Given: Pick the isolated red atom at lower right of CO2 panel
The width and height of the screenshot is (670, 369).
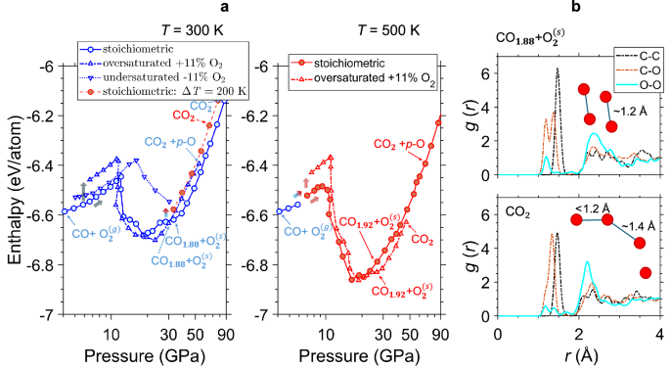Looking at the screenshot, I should click(646, 271).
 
